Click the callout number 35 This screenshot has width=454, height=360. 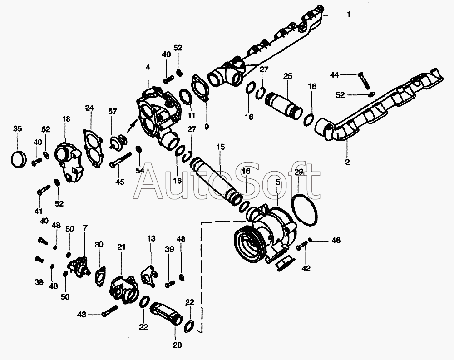(17, 129)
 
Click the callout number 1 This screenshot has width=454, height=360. (349, 15)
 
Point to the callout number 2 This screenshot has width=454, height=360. (348, 161)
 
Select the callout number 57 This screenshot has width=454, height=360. (113, 111)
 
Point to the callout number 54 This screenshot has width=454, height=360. (140, 170)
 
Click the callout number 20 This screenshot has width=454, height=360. (177, 345)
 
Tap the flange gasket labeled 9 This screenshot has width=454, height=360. (200, 89)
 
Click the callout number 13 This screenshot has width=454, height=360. (151, 238)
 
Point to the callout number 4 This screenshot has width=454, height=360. (148, 67)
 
